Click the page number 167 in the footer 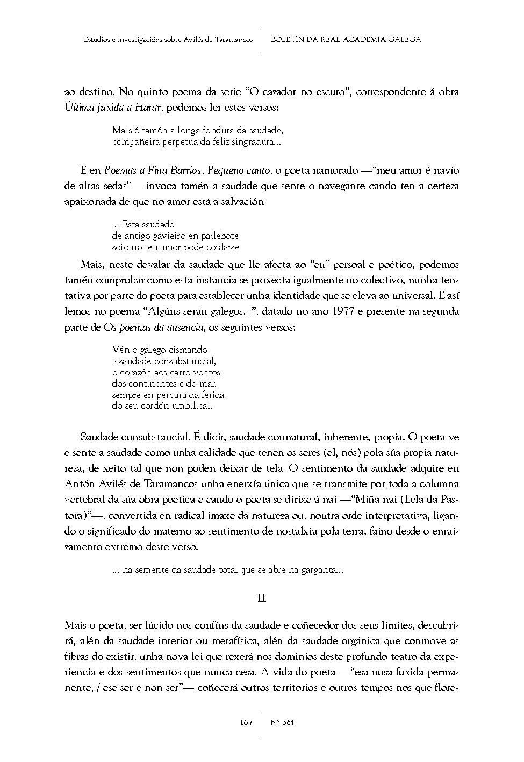point(246,722)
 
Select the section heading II point(262,598)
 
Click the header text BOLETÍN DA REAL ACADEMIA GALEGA point(346,39)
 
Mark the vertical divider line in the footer point(262,722)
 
